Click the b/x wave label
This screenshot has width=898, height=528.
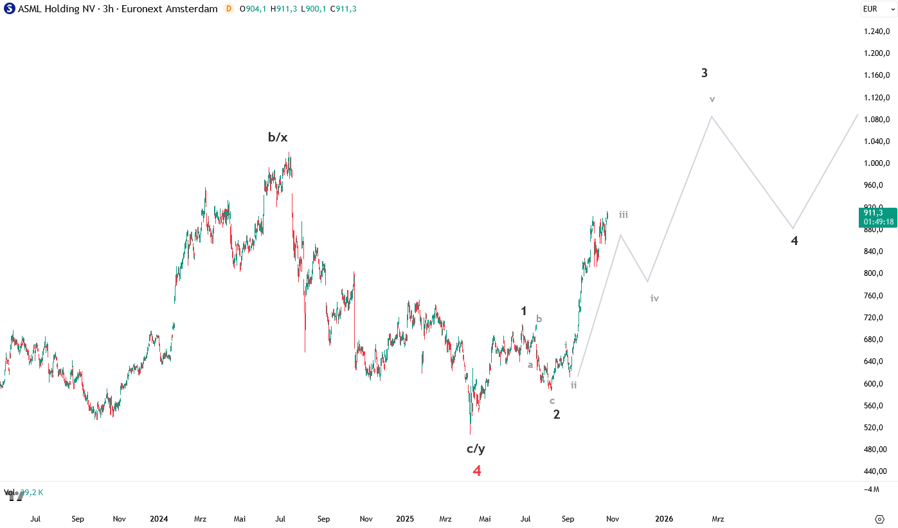[x=278, y=137]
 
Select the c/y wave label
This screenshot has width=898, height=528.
[x=476, y=449]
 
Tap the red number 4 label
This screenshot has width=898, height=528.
[x=477, y=471]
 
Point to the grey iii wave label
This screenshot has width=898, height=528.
[x=624, y=215]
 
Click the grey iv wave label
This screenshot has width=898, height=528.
[x=654, y=298]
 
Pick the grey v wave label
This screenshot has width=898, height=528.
[x=712, y=99]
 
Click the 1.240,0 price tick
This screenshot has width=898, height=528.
[x=877, y=32]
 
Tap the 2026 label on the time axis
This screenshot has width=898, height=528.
[x=664, y=519]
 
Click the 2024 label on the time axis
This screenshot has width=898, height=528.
[x=158, y=519]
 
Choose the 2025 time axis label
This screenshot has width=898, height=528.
[x=405, y=519]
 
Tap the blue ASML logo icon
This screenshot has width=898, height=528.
[x=10, y=9]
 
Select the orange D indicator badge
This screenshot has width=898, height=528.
[x=229, y=9]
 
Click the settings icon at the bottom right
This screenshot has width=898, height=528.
[x=879, y=519]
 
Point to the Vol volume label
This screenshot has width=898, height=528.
[x=9, y=493]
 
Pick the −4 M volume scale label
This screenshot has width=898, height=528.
[x=872, y=489]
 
